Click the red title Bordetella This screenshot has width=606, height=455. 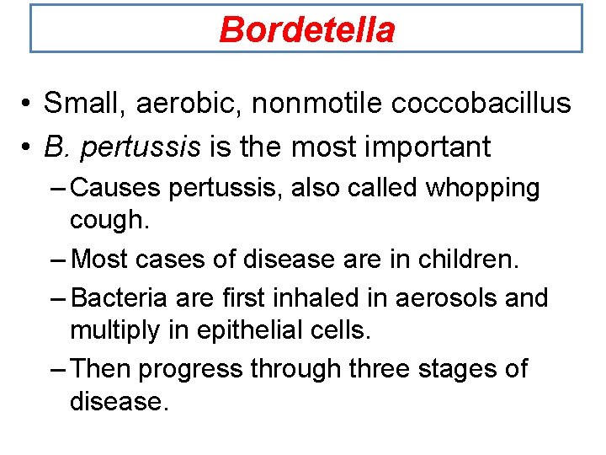point(306,30)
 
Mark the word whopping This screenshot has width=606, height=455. point(482,188)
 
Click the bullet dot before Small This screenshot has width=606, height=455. point(29,104)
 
